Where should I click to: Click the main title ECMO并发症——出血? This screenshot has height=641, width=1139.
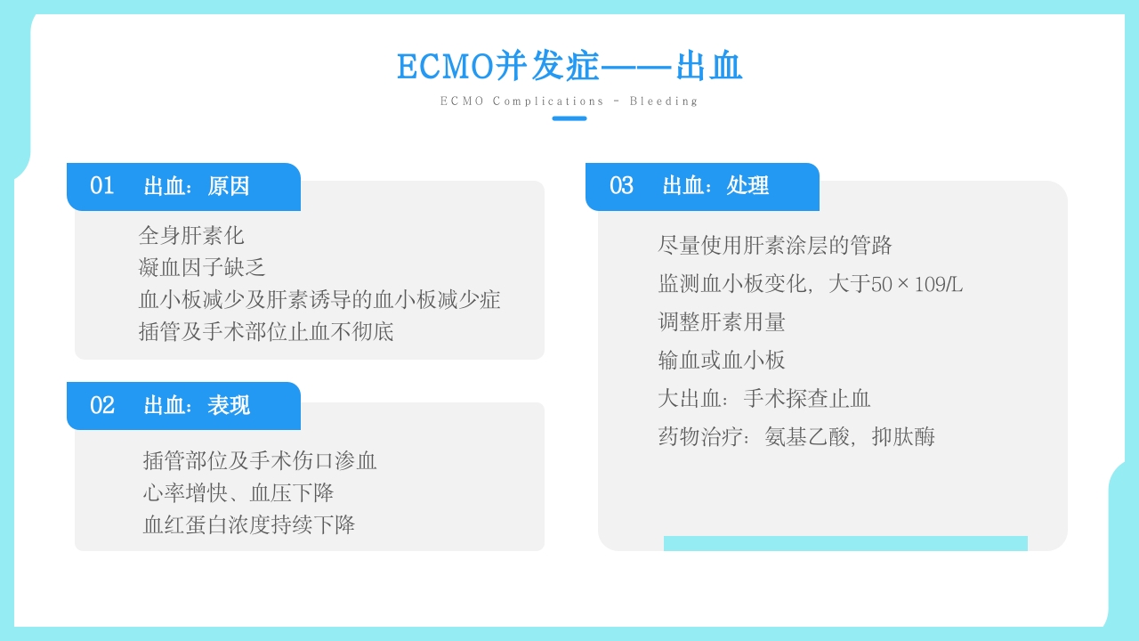[569, 67]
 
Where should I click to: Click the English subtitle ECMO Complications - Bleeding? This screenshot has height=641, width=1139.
[569, 101]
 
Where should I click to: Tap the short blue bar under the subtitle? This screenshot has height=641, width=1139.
[569, 118]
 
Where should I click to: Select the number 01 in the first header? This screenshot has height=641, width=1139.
[102, 186]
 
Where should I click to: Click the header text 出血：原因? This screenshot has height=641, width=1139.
[197, 186]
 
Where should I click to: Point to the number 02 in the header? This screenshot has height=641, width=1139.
[102, 406]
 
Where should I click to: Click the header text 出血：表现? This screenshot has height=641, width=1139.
[197, 406]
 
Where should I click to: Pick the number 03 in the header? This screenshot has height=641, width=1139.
[621, 186]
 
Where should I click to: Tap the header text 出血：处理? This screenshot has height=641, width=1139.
[715, 186]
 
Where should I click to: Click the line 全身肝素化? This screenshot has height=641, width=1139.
[191, 236]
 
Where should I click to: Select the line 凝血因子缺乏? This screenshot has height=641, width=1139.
[202, 268]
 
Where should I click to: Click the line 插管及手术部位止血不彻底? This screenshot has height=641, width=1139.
[266, 332]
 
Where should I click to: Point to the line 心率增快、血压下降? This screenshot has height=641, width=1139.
[238, 492]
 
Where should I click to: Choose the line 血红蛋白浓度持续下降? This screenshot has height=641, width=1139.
[249, 524]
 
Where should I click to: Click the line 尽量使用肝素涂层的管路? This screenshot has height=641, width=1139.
[775, 245]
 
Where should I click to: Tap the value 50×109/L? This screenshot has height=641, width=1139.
[917, 285]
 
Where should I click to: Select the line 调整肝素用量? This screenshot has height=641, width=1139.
[722, 321]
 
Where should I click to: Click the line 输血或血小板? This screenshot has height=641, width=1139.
[722, 360]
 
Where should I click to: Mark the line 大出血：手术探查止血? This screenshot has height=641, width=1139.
[764, 398]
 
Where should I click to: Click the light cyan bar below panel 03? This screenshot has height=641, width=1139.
[845, 543]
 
